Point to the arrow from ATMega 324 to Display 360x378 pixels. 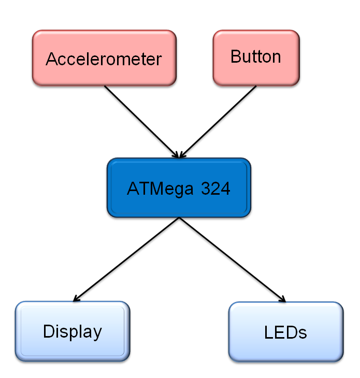point(127,259)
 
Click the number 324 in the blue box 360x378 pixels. point(215,188)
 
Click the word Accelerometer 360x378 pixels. point(104,59)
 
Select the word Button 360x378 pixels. point(256,56)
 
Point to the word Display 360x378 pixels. point(72,331)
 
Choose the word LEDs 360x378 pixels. point(285,332)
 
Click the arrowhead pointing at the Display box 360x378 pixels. point(76,299)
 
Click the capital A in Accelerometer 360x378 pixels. point(51,59)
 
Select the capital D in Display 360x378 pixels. point(48,331)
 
